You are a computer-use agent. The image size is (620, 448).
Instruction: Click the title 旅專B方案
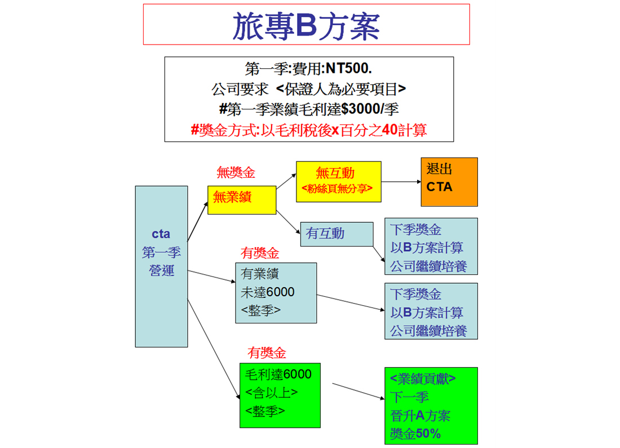(306, 26)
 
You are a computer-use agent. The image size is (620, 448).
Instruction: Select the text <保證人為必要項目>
(341, 90)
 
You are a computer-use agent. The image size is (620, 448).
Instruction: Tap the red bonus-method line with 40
(309, 130)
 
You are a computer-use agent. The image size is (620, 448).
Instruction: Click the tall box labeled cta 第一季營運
(161, 266)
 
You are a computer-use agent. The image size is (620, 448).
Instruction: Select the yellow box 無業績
(242, 200)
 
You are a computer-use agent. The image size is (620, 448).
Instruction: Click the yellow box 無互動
(339, 182)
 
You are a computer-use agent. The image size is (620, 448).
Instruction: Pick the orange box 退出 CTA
(449, 182)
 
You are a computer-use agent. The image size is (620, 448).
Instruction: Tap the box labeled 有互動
(337, 234)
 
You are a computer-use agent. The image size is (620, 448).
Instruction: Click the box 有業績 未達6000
(276, 293)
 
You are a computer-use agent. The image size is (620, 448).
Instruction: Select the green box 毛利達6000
(280, 396)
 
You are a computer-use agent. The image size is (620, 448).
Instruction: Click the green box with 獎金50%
(431, 406)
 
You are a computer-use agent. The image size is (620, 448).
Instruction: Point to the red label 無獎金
(236, 173)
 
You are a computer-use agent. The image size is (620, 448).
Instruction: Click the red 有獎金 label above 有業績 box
(260, 253)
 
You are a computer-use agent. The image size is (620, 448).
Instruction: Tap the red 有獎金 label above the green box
(267, 353)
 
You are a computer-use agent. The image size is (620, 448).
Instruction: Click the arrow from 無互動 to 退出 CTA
(401, 182)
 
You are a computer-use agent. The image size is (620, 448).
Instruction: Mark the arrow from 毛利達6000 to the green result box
(358, 391)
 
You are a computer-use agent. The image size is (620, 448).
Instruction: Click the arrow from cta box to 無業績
(198, 222)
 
